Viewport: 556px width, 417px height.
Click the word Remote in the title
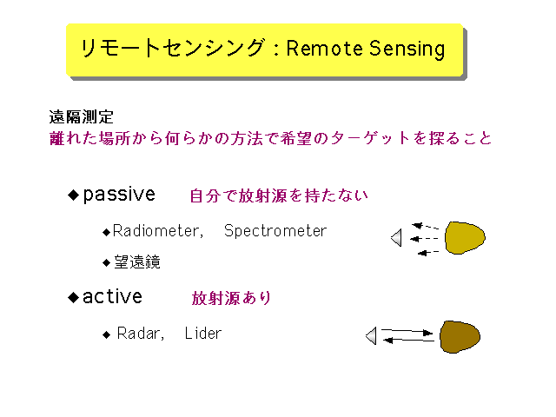point(325,49)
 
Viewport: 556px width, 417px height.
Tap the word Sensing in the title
point(407,50)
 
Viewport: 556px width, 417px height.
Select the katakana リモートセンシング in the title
point(173,48)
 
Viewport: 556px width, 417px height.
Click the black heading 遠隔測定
point(81,116)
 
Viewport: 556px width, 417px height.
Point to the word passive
point(119,195)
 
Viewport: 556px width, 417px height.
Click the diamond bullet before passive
point(73,195)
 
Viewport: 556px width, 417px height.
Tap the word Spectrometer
point(275,231)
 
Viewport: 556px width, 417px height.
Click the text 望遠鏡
point(137,262)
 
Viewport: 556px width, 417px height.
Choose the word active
point(112,296)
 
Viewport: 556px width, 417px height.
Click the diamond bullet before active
point(73,297)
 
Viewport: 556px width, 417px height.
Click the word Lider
point(203,334)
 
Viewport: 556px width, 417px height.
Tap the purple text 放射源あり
point(231,298)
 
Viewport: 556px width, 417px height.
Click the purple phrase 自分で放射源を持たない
point(279,195)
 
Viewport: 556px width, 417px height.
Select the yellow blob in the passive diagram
point(465,237)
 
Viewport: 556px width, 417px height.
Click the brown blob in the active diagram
point(460,336)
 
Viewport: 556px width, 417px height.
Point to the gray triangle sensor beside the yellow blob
point(397,237)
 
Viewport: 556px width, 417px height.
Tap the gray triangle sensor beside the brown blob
point(371,335)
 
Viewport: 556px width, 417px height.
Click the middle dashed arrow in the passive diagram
point(424,239)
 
